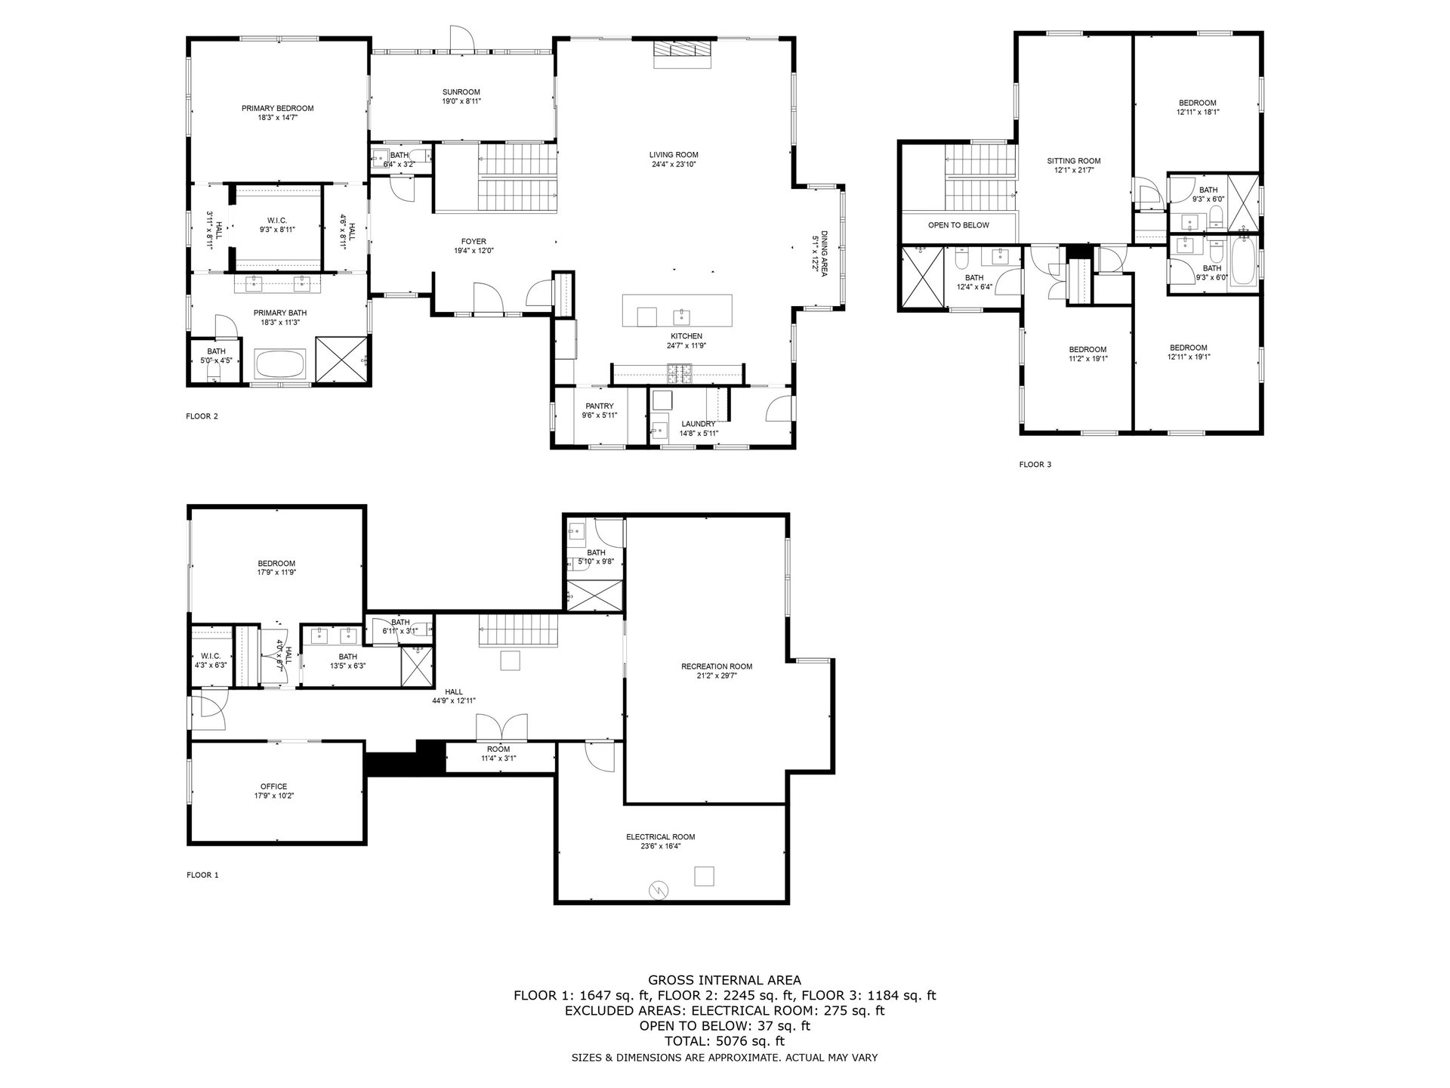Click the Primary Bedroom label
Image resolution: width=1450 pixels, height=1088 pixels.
pos(277,108)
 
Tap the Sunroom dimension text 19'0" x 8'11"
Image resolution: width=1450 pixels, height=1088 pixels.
pos(461,101)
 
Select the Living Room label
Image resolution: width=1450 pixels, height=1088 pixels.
pos(674,155)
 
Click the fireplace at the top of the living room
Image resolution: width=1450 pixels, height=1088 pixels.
pos(682,49)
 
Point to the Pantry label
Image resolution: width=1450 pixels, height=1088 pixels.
pos(600,406)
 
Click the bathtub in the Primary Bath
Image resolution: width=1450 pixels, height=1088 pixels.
pos(280,364)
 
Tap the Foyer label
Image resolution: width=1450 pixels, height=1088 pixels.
pos(474,242)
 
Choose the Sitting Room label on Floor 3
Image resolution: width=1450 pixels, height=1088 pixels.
pos(1074,161)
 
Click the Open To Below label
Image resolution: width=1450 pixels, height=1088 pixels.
pos(958,225)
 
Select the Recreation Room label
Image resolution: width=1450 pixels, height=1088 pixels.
pos(717,666)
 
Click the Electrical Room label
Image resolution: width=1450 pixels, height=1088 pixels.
pos(660,836)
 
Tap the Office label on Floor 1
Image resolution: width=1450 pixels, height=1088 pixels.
pos(274,787)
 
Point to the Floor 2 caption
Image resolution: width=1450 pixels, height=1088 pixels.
pos(202,416)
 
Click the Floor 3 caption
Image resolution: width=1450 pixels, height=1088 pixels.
pos(1035,465)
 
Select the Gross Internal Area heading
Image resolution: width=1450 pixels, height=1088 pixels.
pos(724,981)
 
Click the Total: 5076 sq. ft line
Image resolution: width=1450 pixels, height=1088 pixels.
pos(724,1041)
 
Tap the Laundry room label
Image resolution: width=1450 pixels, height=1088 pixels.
pos(698,424)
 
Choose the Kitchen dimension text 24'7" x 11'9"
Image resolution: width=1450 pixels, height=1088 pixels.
pos(686,345)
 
